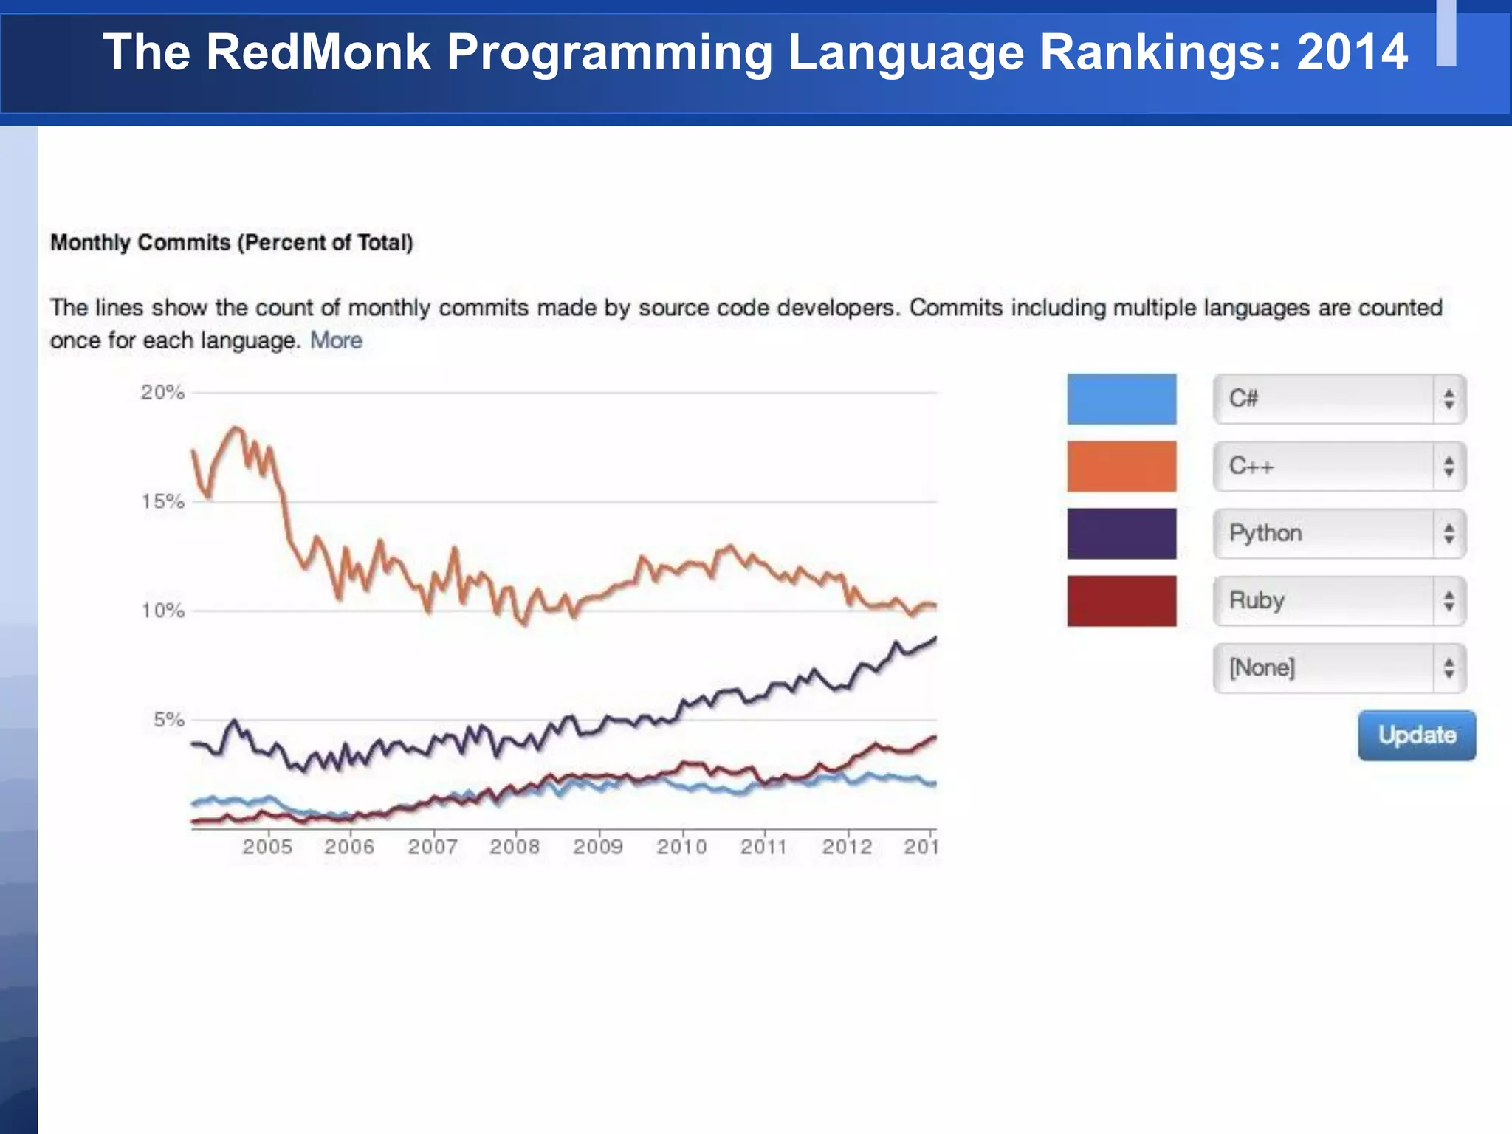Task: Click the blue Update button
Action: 1416,735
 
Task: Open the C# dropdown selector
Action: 1339,399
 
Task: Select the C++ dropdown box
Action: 1339,466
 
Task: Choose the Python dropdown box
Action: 1339,533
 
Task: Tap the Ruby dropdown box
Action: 1339,600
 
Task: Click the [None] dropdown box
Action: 1339,667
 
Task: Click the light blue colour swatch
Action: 1121,399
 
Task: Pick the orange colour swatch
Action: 1121,466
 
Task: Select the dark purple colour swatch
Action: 1121,533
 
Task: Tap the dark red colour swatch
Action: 1121,600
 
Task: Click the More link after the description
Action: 336,340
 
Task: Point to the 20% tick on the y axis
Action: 162,392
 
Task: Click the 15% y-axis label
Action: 162,501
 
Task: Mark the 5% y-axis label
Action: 168,719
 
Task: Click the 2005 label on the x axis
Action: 267,846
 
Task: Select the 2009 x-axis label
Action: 598,846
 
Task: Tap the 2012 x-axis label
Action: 847,846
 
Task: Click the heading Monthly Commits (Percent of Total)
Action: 231,242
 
